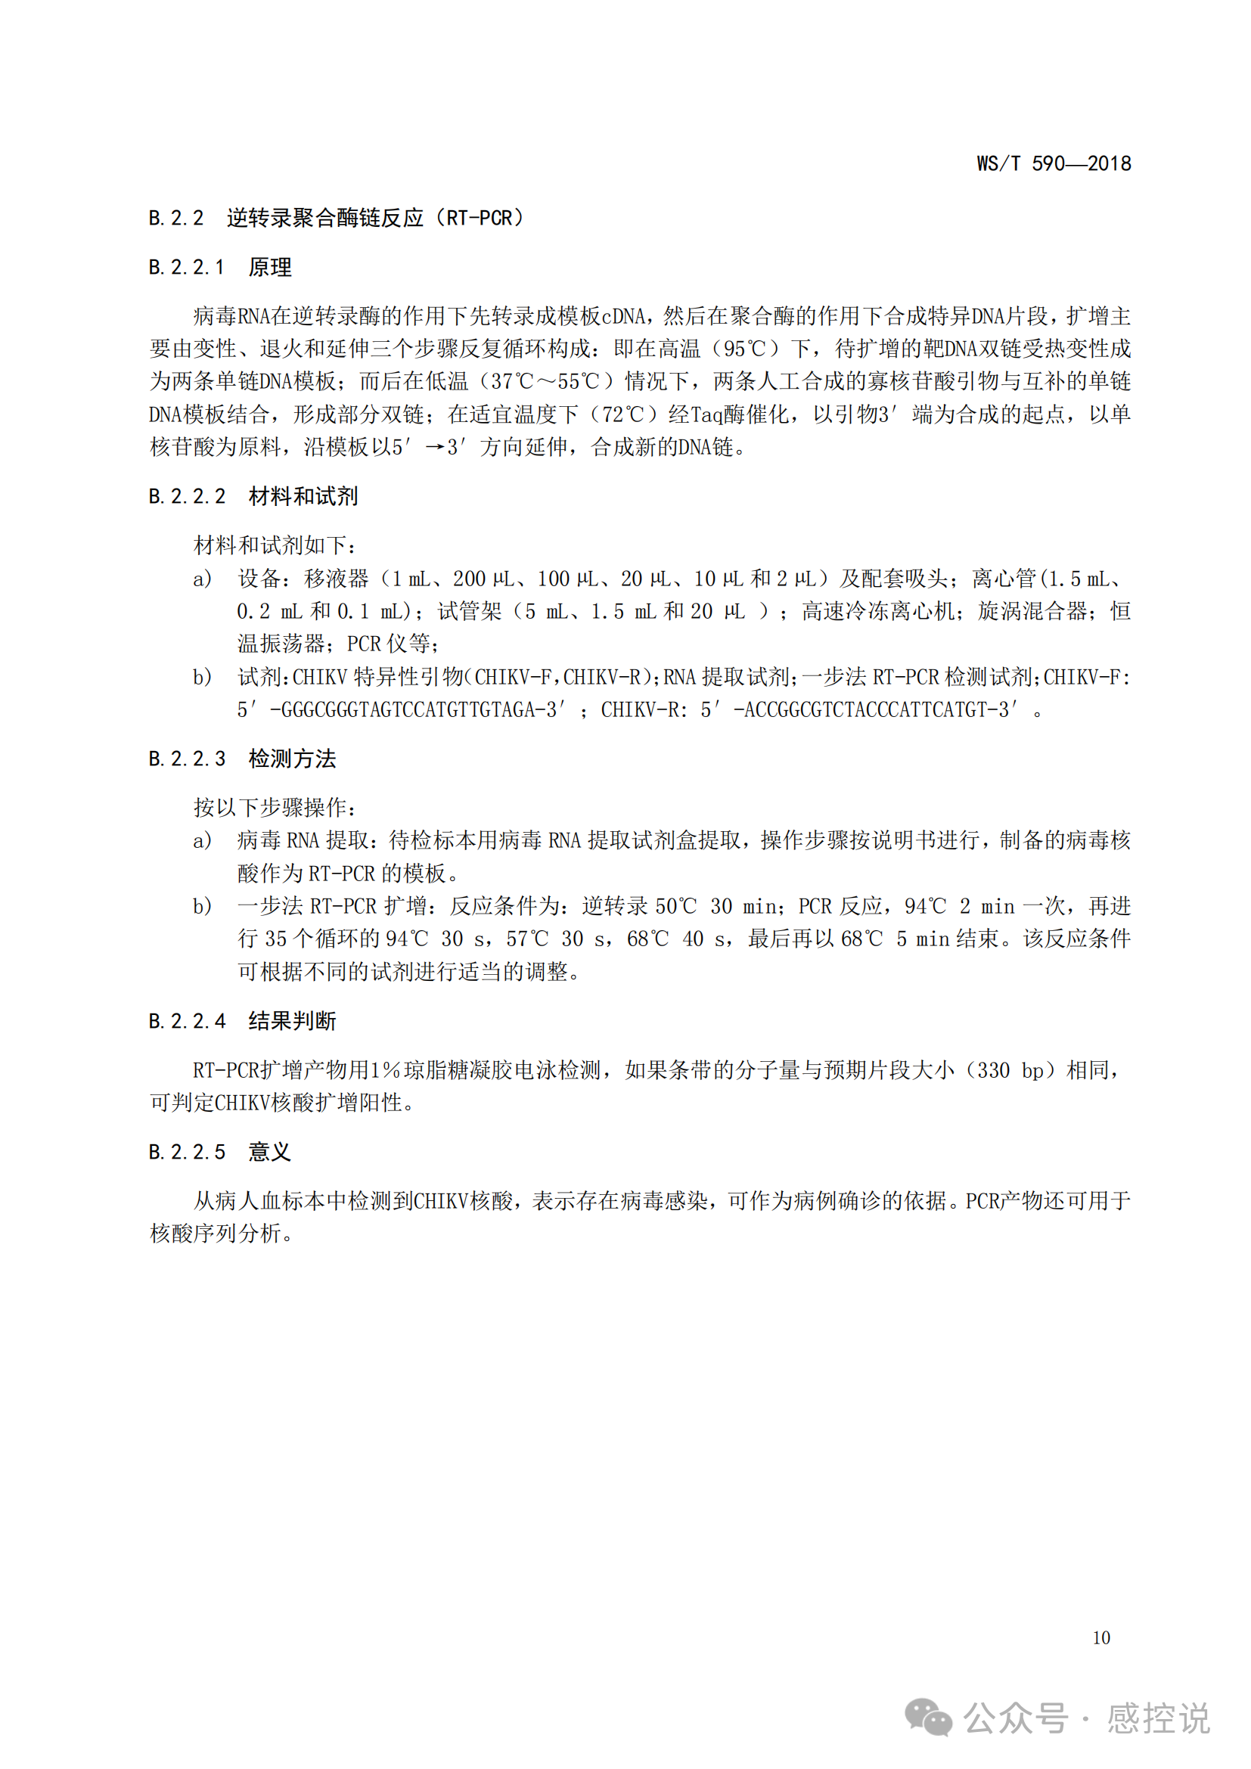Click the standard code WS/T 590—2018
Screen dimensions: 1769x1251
click(x=1053, y=163)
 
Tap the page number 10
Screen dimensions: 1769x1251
click(x=1100, y=1637)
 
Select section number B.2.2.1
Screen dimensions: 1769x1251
click(x=186, y=267)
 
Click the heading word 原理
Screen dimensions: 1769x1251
click(x=269, y=267)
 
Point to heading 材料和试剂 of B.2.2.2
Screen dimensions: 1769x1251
click(x=303, y=496)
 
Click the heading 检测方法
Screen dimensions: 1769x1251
click(x=292, y=759)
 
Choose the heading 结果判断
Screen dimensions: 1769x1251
click(x=292, y=1021)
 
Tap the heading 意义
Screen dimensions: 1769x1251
click(x=269, y=1152)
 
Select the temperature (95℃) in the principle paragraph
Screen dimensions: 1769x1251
click(x=745, y=349)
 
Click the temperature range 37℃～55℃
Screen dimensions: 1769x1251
click(x=545, y=381)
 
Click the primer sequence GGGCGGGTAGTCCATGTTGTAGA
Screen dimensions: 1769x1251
click(x=412, y=709)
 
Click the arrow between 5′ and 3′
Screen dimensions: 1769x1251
click(x=435, y=448)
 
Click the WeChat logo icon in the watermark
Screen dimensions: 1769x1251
click(x=927, y=1718)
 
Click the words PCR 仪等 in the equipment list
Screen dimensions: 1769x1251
click(x=389, y=644)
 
